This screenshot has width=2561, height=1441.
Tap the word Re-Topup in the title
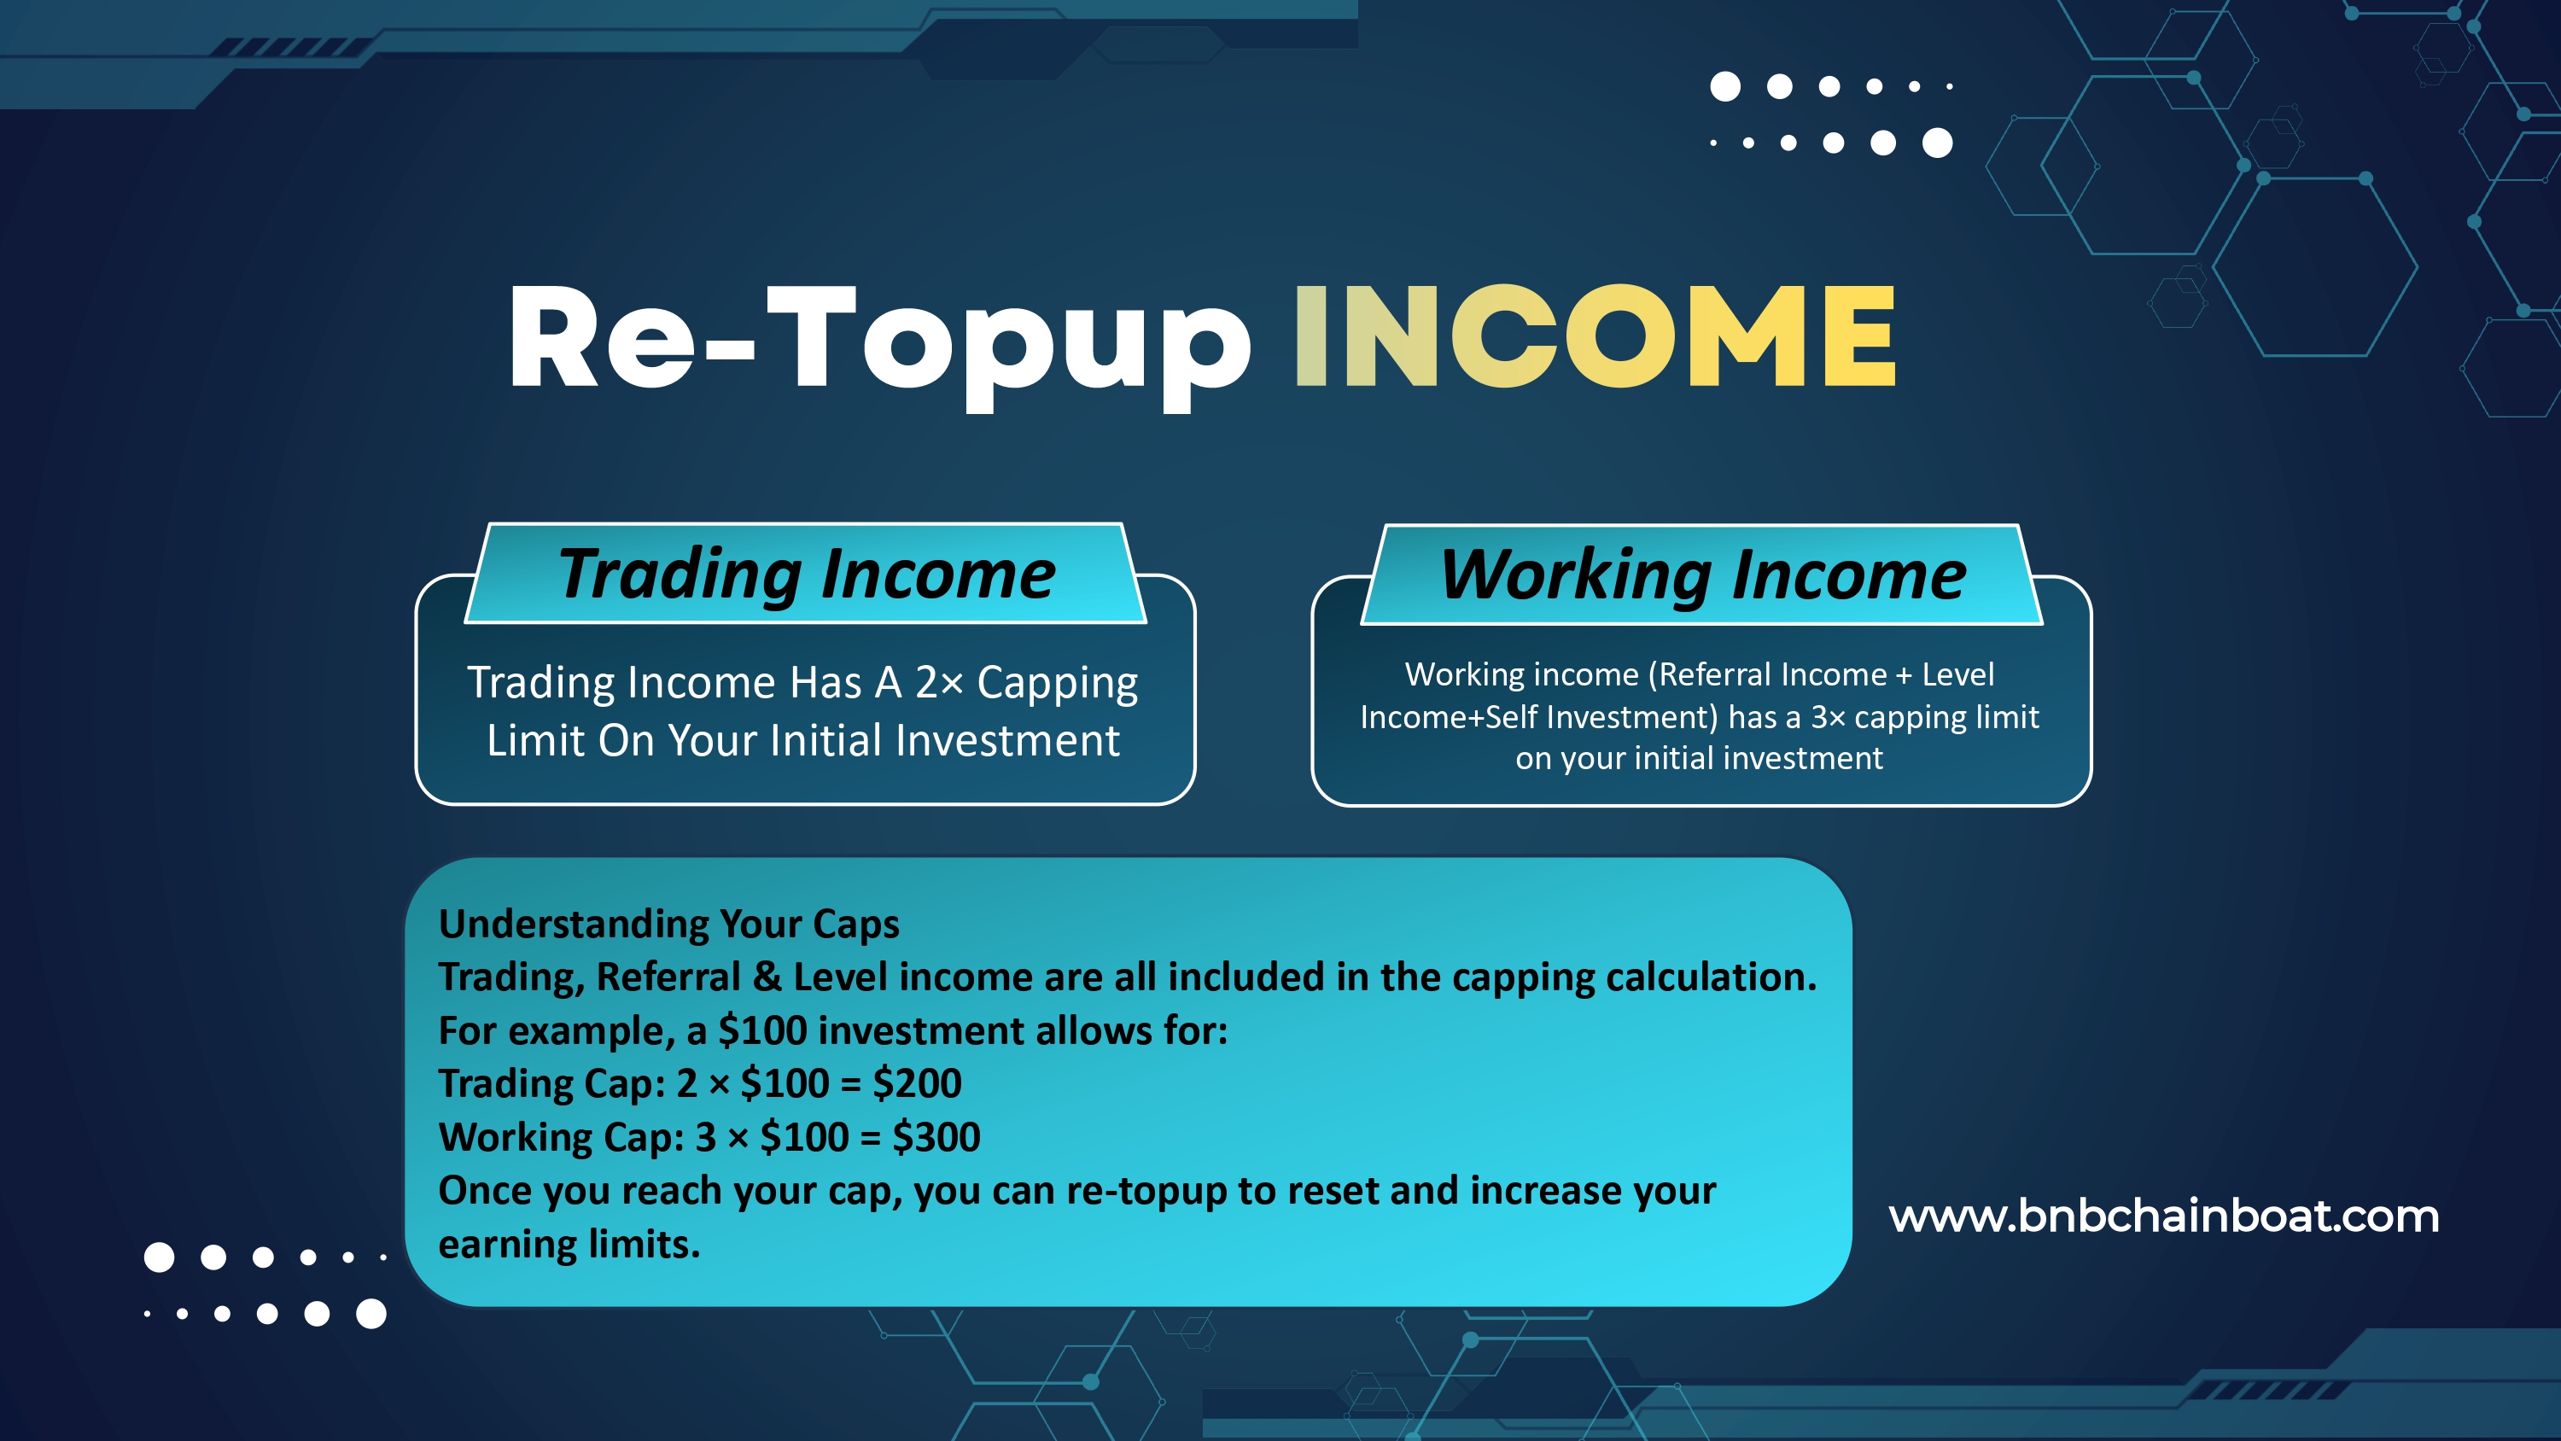tap(880, 343)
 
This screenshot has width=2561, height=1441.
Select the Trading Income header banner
tap(805, 574)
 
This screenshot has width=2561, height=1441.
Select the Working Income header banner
tap(1702, 575)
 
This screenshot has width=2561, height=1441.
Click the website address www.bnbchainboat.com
tap(2163, 1216)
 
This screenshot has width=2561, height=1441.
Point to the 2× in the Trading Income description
tap(938, 682)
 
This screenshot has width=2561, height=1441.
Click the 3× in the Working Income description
tap(1828, 717)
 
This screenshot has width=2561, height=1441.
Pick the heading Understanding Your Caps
tap(669, 925)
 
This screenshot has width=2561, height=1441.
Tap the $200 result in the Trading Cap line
tap(917, 1083)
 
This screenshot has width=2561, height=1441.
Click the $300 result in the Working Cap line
tap(936, 1137)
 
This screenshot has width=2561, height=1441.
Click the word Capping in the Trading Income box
tap(1057, 684)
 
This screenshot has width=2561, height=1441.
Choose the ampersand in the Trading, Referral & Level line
tap(767, 977)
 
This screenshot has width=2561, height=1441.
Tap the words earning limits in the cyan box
tap(569, 1244)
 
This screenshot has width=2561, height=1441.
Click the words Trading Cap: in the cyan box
tap(551, 1084)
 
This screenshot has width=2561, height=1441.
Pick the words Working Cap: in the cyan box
tap(562, 1138)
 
